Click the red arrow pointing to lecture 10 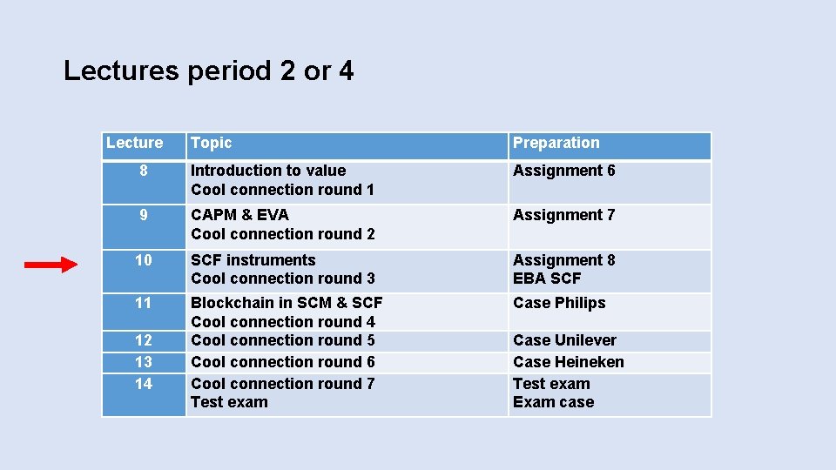pos(51,265)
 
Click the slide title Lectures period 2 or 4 pos(209,70)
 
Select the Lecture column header pos(134,143)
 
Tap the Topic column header pos(212,143)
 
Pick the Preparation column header pos(556,143)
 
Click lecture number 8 pos(144,171)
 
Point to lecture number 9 pos(144,215)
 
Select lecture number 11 pos(144,303)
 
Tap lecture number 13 pos(144,362)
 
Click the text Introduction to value pos(268,171)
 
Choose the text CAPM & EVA pos(239,215)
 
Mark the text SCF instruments pos(253,260)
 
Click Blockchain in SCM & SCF pos(287,303)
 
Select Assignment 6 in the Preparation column pos(563,171)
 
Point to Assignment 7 pos(563,215)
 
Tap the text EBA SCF pos(547,279)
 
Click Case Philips pos(559,303)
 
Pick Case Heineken pos(568,362)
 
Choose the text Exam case pos(553,402)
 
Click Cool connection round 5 pos(283,340)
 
